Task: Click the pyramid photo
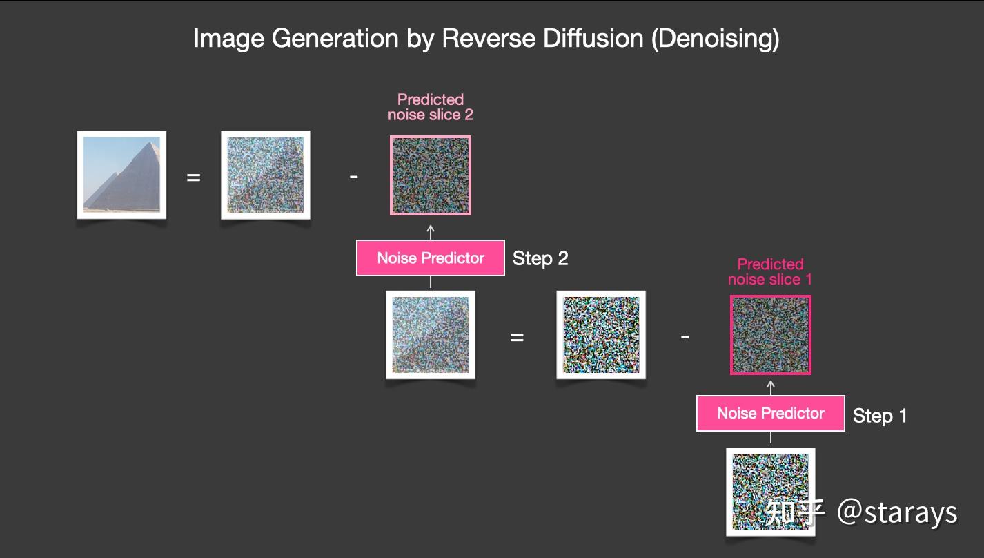point(121,174)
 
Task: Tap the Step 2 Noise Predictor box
point(431,258)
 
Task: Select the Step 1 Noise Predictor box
point(770,413)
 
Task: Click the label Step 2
point(540,259)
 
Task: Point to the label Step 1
point(880,416)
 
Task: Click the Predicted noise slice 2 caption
point(431,107)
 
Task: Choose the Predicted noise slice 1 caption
point(770,271)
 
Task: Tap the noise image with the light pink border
point(431,175)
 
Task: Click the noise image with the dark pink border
point(771,335)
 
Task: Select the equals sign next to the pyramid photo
point(194,177)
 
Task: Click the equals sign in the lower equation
point(517,338)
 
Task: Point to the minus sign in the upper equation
point(353,177)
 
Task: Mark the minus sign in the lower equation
point(685,338)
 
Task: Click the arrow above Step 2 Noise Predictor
point(431,231)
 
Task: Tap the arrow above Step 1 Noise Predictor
point(771,386)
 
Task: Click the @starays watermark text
point(897,512)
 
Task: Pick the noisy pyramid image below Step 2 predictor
point(431,335)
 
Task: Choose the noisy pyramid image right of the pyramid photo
point(266,175)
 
